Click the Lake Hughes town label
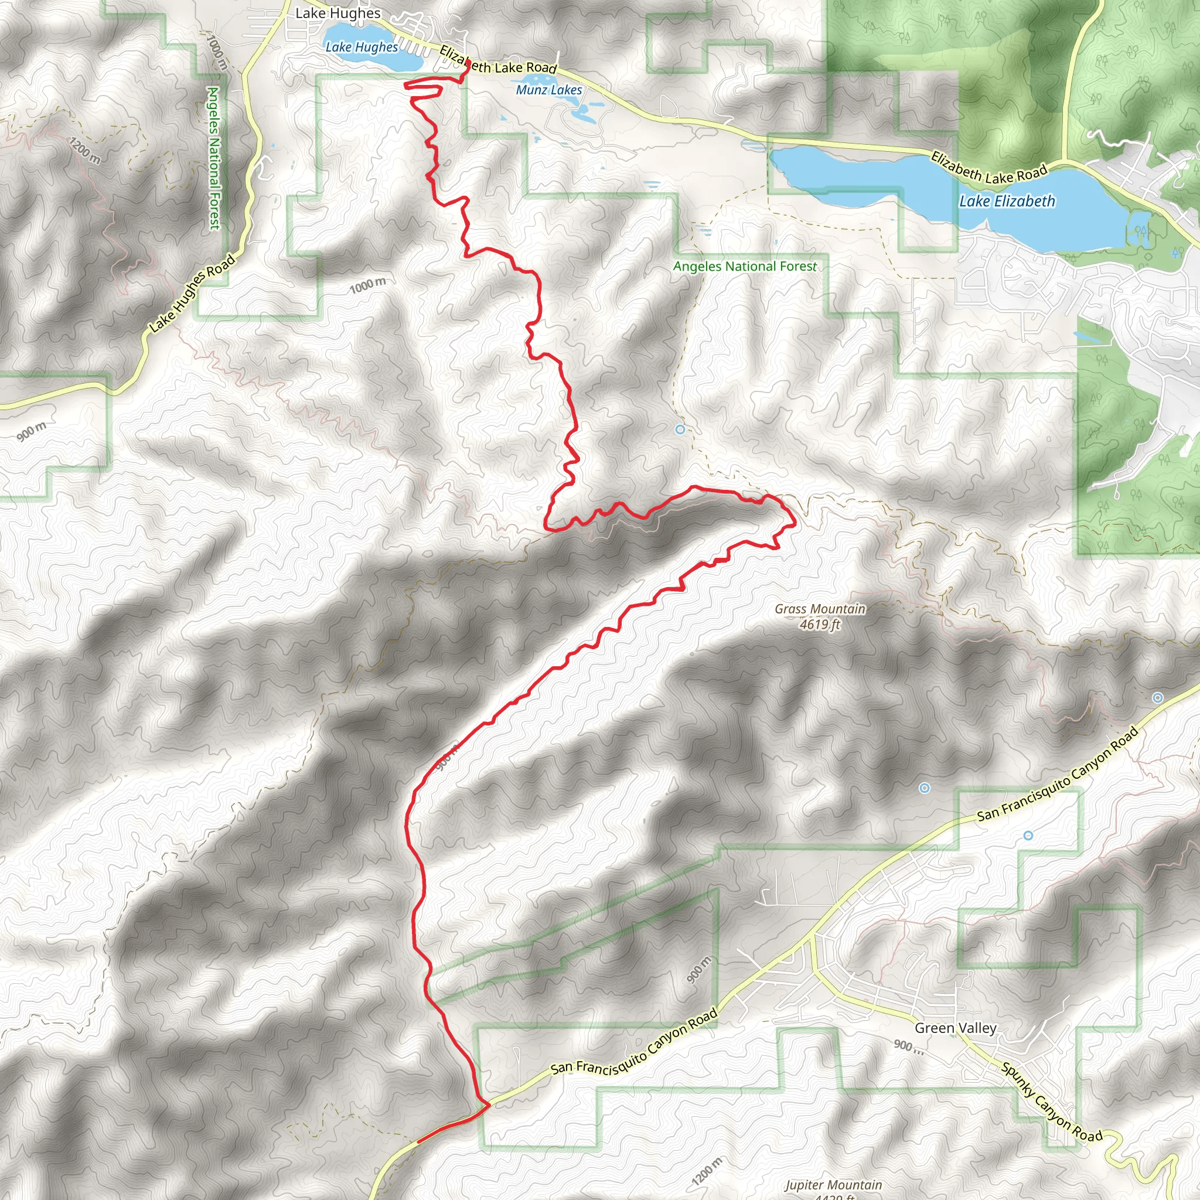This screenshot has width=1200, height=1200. [x=338, y=13]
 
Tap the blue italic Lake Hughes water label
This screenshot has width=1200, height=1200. [x=362, y=47]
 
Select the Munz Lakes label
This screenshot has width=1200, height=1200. [x=549, y=90]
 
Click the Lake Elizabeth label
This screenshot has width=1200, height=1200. [x=1007, y=201]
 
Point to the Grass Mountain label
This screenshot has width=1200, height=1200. [x=820, y=609]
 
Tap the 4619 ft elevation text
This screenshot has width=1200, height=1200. [x=820, y=624]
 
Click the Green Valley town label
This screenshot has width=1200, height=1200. [x=955, y=1028]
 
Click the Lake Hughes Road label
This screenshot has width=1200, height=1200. [x=192, y=293]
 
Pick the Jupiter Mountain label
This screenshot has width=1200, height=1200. [x=833, y=1184]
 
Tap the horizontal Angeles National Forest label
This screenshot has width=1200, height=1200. [x=745, y=267]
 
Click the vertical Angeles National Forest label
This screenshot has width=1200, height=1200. [x=214, y=158]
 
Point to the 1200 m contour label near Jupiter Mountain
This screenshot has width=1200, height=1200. [x=707, y=1171]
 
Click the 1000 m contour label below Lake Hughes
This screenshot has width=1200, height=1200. [x=368, y=286]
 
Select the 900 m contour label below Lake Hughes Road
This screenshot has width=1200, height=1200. [x=31, y=431]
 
